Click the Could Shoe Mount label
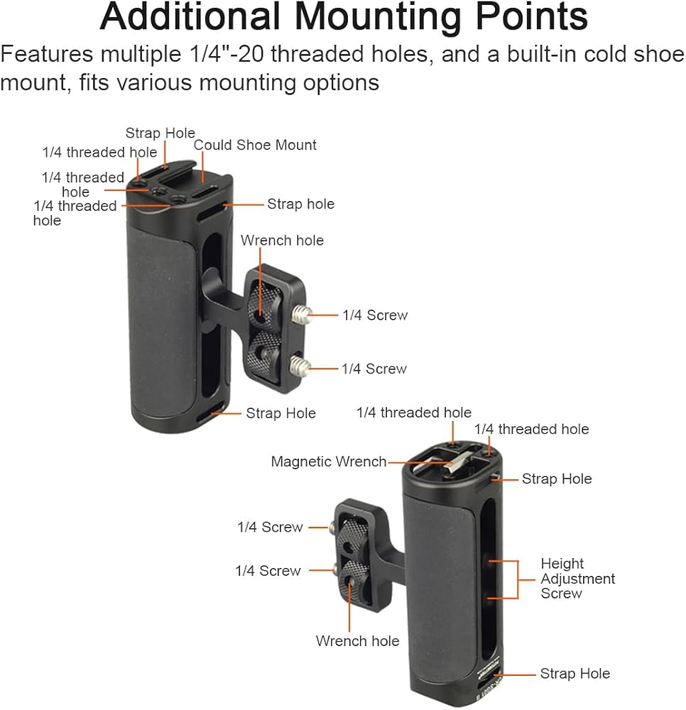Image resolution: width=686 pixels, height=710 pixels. click(x=255, y=145)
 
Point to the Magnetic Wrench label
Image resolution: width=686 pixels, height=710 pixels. click(x=328, y=461)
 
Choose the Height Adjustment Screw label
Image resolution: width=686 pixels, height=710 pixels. click(x=577, y=579)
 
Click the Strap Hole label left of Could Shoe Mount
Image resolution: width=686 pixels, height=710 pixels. click(x=160, y=133)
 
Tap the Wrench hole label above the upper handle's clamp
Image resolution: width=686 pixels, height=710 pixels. click(x=282, y=240)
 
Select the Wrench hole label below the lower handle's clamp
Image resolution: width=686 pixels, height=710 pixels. click(x=357, y=641)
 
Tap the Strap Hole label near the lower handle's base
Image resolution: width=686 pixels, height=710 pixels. click(x=575, y=673)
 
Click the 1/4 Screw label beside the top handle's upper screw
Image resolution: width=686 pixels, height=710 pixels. click(x=375, y=315)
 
